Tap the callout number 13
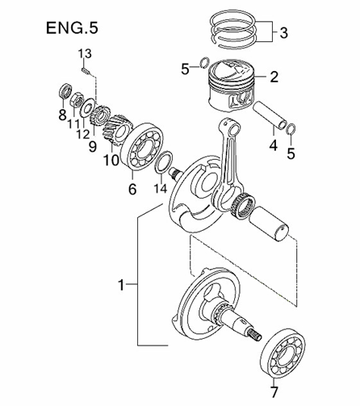pos(86,54)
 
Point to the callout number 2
pos(274,77)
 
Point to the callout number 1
pos(120,285)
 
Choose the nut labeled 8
pos(65,90)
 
